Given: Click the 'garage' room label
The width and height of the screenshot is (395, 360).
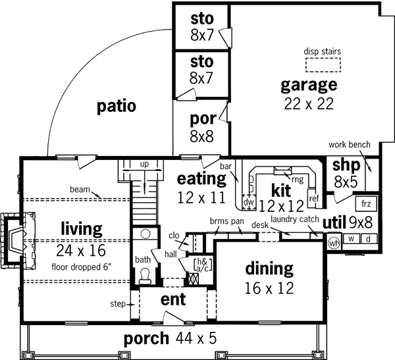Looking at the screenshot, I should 309,85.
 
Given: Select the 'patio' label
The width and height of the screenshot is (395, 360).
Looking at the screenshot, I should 116,105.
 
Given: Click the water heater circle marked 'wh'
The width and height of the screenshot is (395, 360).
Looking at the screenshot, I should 334,243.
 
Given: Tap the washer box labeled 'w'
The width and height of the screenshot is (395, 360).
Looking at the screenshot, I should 352,239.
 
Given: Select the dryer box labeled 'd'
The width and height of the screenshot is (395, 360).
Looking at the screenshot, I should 369,239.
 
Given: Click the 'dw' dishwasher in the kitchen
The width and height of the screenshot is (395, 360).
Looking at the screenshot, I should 249,202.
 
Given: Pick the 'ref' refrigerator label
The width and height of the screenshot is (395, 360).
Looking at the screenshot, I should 313,198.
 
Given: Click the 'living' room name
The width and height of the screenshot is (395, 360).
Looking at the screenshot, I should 81,229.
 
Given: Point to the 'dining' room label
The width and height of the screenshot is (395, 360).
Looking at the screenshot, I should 269,269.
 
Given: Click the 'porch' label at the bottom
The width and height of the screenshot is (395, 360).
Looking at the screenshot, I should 147,340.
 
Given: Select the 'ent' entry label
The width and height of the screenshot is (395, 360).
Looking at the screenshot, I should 174,300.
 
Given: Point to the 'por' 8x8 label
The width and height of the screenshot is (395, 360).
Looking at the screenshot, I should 202,119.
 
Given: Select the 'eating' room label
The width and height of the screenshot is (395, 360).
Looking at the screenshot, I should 201,178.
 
